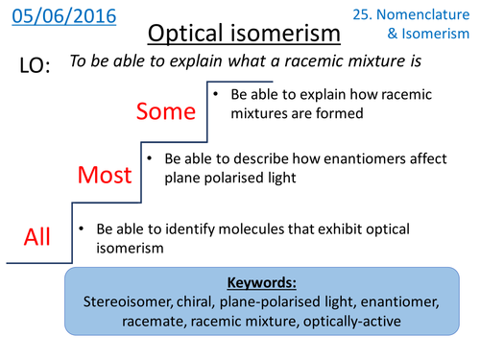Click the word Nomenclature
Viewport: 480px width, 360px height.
click(x=428, y=15)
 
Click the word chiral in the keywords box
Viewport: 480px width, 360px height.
click(x=205, y=303)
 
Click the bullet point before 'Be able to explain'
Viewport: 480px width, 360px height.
click(x=219, y=95)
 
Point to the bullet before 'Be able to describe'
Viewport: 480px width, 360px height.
click(x=151, y=156)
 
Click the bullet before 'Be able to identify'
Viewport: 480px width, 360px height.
click(x=84, y=229)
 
